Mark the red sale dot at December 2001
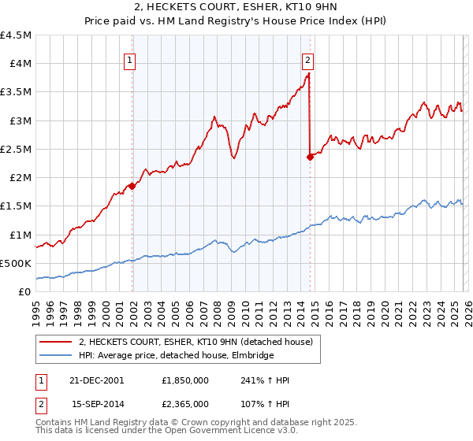tap(132, 186)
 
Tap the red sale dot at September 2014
tap(310, 157)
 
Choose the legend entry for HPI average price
tap(176, 356)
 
